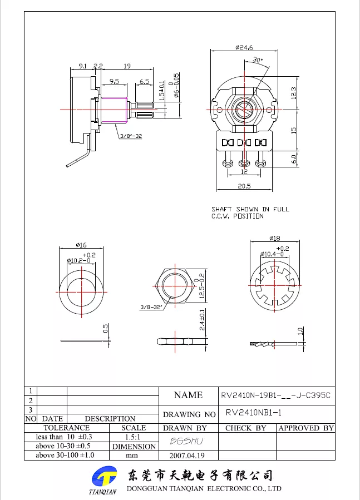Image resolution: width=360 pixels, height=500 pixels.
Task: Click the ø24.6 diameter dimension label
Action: pos(244,47)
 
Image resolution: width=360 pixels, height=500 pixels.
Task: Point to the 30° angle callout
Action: pos(258,60)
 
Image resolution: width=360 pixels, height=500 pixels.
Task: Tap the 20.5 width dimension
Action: pos(244,186)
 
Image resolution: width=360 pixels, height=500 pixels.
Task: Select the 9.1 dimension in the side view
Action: pos(83,66)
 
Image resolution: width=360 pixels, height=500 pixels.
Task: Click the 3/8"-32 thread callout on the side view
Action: pos(131,136)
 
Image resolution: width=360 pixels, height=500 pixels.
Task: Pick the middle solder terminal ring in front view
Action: pos(244,164)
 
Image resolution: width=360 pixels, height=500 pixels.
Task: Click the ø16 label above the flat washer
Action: pos(81,245)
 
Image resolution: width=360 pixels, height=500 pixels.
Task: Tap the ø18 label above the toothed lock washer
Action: pos(274,238)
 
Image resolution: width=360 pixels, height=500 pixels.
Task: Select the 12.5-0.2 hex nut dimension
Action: pos(202,286)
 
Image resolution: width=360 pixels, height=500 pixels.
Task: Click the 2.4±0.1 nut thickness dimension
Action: pos(203,320)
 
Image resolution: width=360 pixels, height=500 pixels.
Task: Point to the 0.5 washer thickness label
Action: pos(106,329)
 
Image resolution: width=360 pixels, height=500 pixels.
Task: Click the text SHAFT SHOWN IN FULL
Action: pos(250,209)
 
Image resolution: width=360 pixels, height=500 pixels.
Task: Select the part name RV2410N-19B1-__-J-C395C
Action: pos(276,395)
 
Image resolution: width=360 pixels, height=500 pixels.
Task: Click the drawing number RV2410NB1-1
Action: pos(254,413)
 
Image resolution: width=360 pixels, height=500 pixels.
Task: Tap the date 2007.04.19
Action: pos(187,456)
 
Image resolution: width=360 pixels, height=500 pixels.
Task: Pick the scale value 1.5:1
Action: pos(132,437)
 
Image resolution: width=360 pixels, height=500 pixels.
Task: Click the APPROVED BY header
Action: pos(306,428)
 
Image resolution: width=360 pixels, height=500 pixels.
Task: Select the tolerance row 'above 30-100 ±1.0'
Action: pos(65,455)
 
